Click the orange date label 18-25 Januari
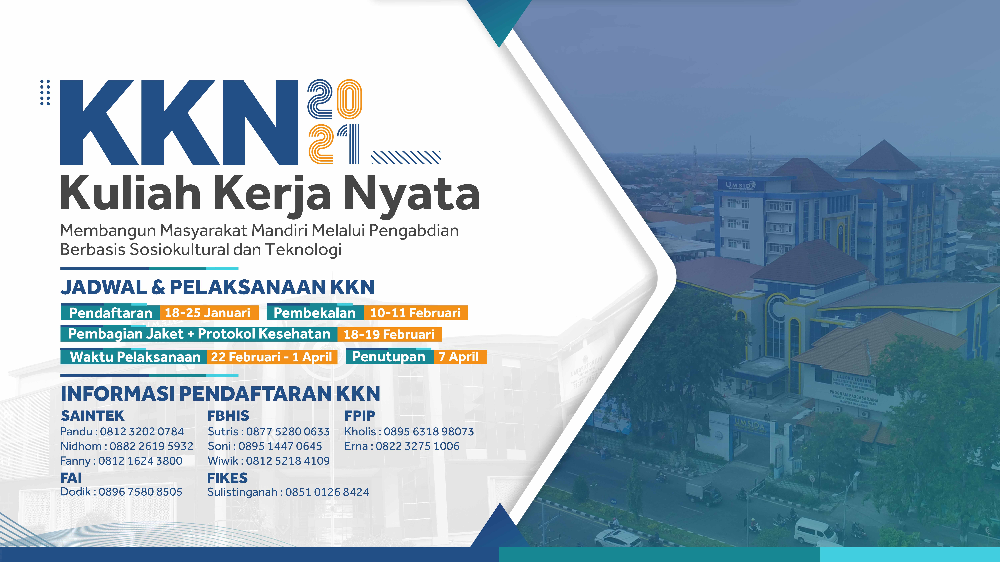pos(208,313)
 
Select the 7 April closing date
pos(459,356)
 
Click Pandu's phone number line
pos(122,431)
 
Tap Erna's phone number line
pos(402,446)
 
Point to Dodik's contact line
pos(121,492)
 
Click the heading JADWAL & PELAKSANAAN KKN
pos(217,287)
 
